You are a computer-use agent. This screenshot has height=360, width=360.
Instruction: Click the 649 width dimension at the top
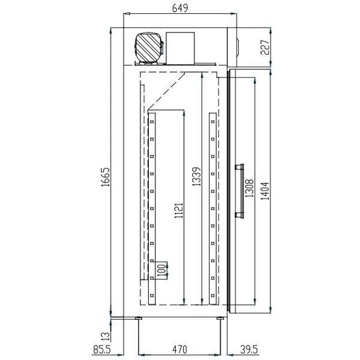pos(179,8)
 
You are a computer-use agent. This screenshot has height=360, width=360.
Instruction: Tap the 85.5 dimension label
pos(103,349)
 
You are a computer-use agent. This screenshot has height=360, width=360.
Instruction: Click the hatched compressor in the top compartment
pos(149,46)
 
